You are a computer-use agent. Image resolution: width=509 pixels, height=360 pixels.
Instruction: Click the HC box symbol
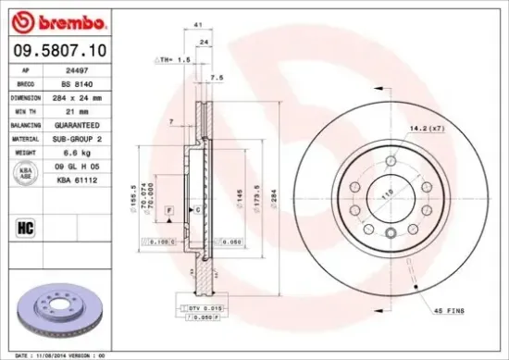pos(25,224)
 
